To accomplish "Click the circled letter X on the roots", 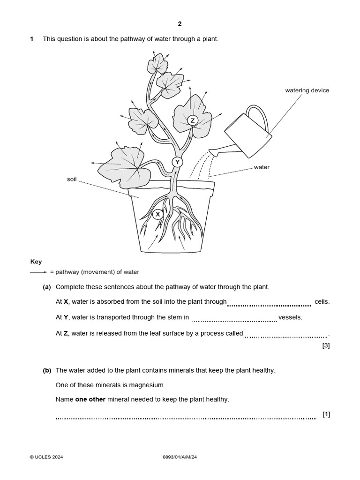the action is (x=158, y=214).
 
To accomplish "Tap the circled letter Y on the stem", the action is (x=177, y=162).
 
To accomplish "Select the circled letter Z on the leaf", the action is (x=192, y=121).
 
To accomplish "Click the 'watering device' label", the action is (x=307, y=90).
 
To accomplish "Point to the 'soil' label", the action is (x=72, y=179).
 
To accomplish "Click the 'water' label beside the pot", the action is (x=262, y=167).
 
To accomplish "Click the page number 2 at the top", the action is (x=180, y=23).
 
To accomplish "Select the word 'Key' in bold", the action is (x=36, y=262).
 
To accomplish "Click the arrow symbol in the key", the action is (x=38, y=272).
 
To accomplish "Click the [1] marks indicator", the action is (x=326, y=414).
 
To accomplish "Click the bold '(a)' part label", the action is (x=47, y=287).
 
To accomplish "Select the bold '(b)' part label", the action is (x=47, y=370).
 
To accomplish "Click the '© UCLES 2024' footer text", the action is (x=46, y=457).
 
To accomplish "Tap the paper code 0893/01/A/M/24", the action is (x=180, y=457).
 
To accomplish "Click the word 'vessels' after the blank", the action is (x=290, y=317).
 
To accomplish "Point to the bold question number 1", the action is (x=32, y=39).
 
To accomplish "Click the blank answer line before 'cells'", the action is (x=269, y=304).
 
